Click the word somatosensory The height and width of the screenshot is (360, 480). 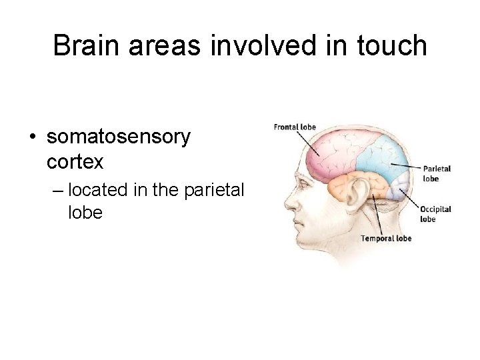click(119, 137)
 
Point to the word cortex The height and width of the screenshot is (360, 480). click(75, 161)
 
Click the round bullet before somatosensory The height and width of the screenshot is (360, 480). click(32, 138)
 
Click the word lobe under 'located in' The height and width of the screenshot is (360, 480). click(85, 213)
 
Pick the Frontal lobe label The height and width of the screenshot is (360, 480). click(295, 127)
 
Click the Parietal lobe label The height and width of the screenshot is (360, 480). click(437, 173)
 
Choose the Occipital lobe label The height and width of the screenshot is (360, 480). click(436, 213)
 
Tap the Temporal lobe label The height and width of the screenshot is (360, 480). click(386, 238)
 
